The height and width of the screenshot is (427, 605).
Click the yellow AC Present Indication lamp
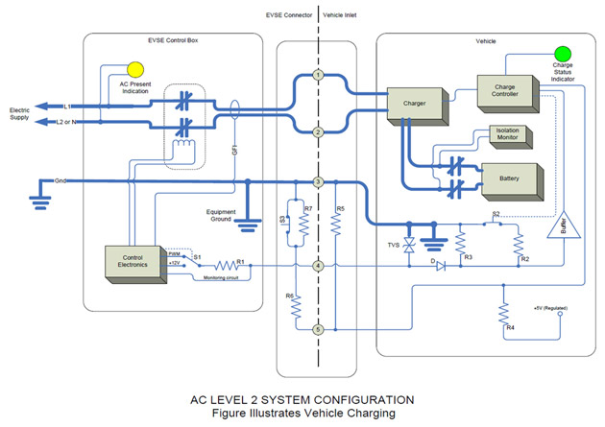135,69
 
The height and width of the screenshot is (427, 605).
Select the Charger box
413,106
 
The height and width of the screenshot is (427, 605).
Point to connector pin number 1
317,75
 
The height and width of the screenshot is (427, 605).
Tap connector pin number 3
317,181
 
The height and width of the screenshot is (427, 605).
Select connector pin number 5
317,330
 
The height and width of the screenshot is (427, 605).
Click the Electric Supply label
21,111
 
